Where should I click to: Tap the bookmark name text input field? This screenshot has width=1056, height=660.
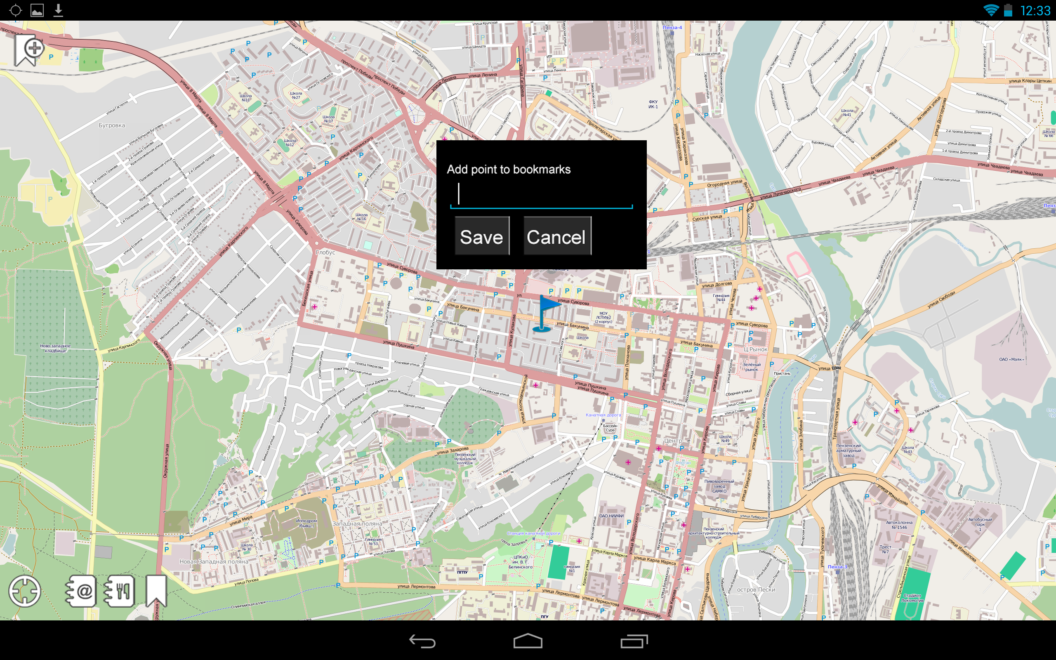(541, 195)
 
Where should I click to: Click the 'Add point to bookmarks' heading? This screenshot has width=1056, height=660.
(508, 170)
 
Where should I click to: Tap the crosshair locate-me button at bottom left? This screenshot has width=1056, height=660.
(24, 592)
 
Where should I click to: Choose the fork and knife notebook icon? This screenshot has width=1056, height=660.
(119, 591)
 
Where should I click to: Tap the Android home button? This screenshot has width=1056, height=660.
(528, 641)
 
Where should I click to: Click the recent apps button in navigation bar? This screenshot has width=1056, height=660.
(634, 641)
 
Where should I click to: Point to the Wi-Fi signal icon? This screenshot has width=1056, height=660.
(990, 10)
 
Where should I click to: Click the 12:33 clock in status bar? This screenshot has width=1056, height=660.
(1035, 10)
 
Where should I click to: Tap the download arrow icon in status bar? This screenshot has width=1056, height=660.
(58, 10)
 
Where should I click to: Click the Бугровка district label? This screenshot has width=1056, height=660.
(112, 125)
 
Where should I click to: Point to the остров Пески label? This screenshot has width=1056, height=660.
(756, 590)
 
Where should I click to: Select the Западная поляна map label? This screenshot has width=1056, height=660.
(357, 523)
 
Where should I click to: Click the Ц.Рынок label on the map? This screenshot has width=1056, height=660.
(755, 349)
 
